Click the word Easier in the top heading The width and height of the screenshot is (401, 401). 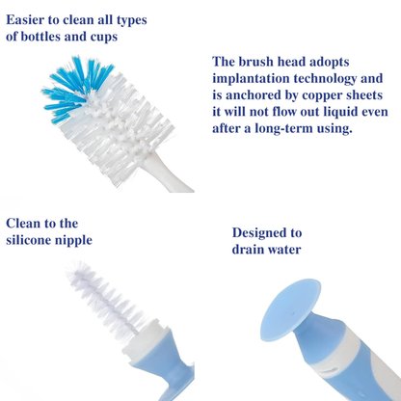(25, 20)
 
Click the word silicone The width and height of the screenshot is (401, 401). (28, 240)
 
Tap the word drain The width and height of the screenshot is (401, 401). (248, 250)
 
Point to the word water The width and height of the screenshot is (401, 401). (284, 250)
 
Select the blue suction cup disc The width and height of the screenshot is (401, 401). (291, 310)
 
